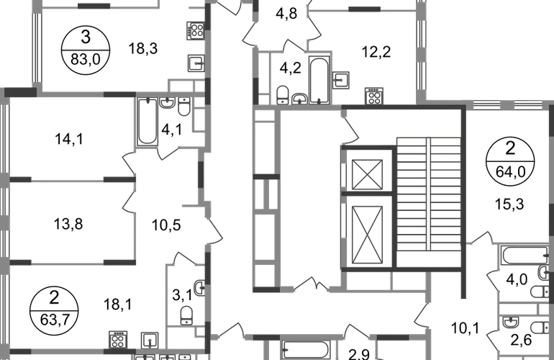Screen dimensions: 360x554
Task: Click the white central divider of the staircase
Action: click(x=429, y=194)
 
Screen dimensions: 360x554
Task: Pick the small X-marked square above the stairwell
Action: click(x=374, y=94)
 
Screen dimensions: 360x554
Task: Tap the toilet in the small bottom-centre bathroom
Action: click(x=186, y=315)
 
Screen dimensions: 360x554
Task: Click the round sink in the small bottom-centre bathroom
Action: click(x=197, y=288)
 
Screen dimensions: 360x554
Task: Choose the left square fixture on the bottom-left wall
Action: click(x=117, y=338)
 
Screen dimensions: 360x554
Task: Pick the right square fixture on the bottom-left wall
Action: click(x=149, y=338)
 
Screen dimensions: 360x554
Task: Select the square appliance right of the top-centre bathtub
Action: click(x=342, y=78)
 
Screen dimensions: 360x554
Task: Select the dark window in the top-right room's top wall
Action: click(x=364, y=11)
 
